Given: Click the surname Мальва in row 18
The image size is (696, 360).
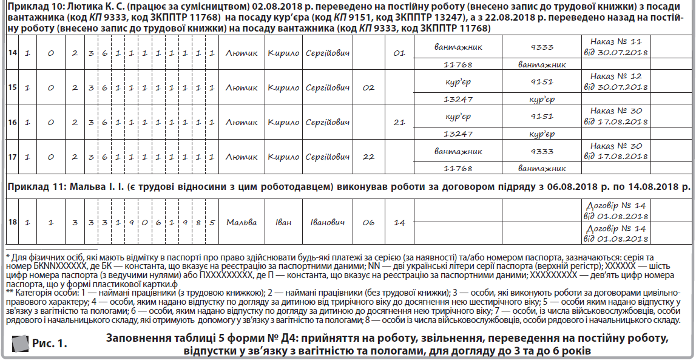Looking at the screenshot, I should pyautogui.click(x=242, y=222).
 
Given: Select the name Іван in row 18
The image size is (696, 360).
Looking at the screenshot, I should pyautogui.click(x=283, y=222).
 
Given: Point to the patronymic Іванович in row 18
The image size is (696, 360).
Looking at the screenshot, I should pyautogui.click(x=328, y=222).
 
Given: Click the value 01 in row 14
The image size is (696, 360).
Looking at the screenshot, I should pyautogui.click(x=399, y=53).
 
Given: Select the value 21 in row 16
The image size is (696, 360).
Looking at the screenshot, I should pyautogui.click(x=399, y=123).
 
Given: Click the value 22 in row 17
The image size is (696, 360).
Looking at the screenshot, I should pyautogui.click(x=368, y=157).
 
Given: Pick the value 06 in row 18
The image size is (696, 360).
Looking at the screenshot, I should pyautogui.click(x=368, y=222).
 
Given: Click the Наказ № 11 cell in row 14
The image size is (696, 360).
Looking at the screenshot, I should pyautogui.click(x=615, y=47).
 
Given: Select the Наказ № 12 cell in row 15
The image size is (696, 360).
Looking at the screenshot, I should pyautogui.click(x=615, y=82).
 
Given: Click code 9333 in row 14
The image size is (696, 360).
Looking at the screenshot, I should pyautogui.click(x=541, y=46).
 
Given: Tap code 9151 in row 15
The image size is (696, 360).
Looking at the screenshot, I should pyautogui.click(x=541, y=81).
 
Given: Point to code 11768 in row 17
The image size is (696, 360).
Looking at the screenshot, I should pyautogui.click(x=458, y=168).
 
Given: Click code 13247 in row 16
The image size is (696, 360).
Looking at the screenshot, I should pyautogui.click(x=458, y=134).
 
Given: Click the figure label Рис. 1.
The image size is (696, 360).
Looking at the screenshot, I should pyautogui.click(x=50, y=344).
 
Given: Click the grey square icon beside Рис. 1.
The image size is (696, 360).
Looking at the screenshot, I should pyautogui.click(x=20, y=344).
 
